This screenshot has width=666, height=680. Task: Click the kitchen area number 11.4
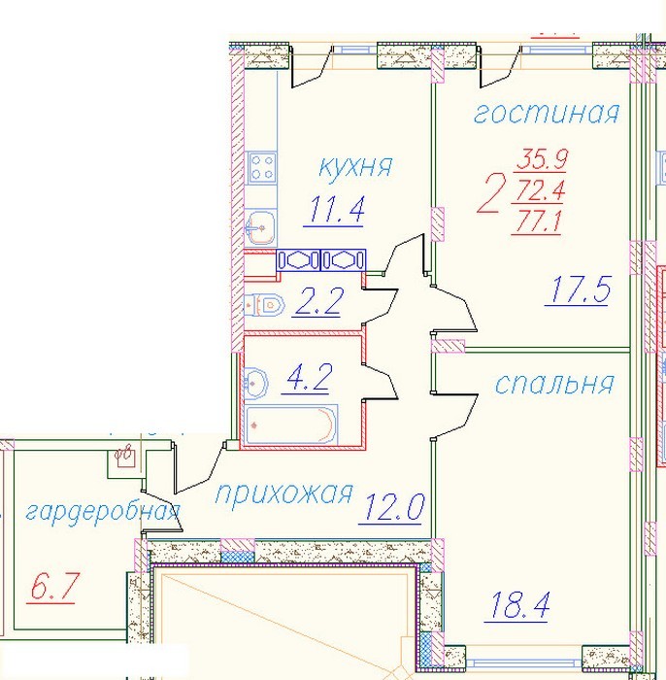click(x=334, y=210)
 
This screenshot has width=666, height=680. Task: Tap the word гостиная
click(x=547, y=113)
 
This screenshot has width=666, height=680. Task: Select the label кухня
click(x=355, y=167)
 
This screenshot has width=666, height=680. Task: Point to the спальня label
click(x=554, y=384)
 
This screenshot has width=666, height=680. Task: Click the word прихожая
click(x=283, y=493)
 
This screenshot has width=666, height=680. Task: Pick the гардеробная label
click(x=103, y=513)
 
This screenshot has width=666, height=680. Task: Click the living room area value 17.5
click(x=578, y=289)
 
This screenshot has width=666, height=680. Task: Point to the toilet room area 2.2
click(x=317, y=301)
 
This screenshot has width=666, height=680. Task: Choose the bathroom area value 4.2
click(x=307, y=379)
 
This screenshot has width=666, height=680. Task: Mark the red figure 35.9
click(x=542, y=159)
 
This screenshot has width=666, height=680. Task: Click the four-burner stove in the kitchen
click(x=262, y=168)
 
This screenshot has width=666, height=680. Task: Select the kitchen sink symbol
click(x=260, y=226)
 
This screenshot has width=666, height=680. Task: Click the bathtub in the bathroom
click(x=290, y=425)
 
